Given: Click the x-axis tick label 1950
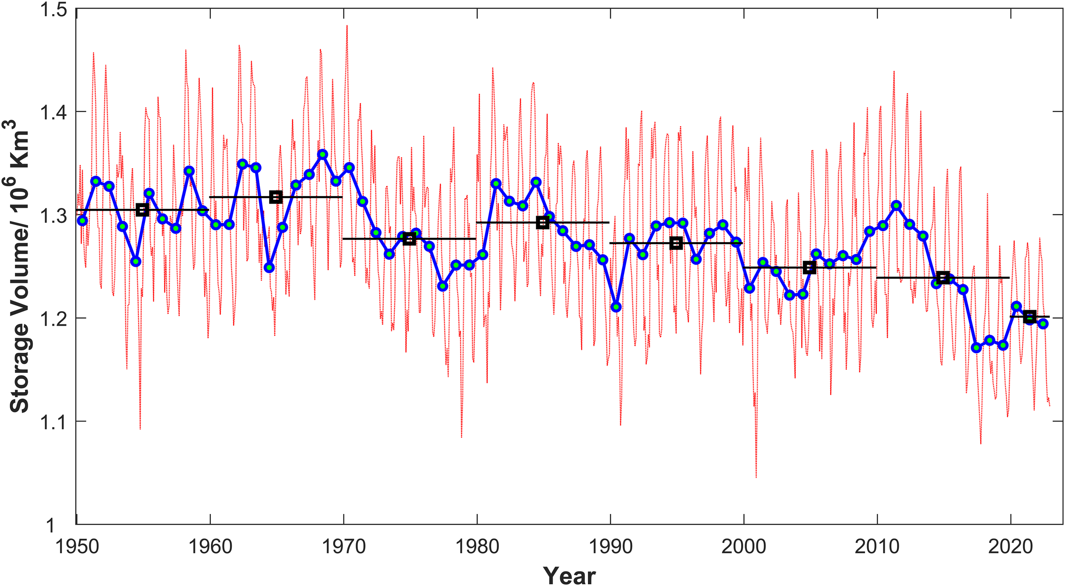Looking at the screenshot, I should (x=77, y=547).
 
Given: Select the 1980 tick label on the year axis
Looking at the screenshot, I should (x=477, y=547).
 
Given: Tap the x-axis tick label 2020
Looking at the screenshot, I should (x=1010, y=547).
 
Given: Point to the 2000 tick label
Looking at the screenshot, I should (x=744, y=547).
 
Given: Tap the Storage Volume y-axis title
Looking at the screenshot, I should (x=19, y=266).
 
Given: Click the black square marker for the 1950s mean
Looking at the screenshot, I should (x=142, y=210).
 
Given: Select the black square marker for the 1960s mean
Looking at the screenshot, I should (x=276, y=197).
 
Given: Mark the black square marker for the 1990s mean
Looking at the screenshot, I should (x=676, y=243).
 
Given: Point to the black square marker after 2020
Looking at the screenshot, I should (x=1030, y=317).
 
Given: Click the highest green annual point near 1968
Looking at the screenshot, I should (x=322, y=154).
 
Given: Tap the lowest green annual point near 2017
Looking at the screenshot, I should (x=976, y=347).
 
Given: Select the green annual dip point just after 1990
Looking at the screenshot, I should (x=616, y=307).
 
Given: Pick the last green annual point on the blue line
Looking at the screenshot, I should (x=1043, y=324).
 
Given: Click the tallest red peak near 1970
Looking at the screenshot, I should (x=347, y=26).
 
